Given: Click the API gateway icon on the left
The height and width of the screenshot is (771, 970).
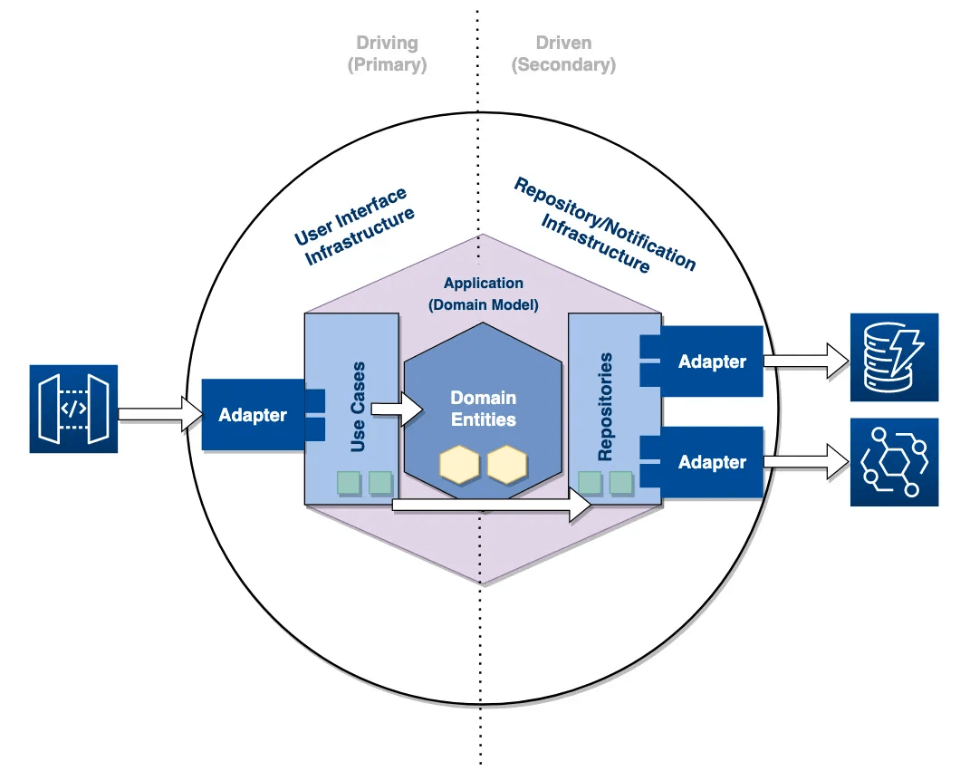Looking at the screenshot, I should coord(73,409).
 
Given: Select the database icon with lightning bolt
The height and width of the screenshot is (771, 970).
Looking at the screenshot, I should coord(894,357).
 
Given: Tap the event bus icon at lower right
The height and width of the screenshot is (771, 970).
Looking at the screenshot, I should coord(894,462).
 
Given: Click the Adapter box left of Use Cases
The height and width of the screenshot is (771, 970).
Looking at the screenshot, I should coord(253,415).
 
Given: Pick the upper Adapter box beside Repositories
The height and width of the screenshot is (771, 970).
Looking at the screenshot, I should coord(712,361).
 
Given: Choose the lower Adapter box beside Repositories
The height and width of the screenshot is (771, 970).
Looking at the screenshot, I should coord(712,462).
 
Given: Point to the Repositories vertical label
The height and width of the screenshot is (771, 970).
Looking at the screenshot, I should coord(606,407).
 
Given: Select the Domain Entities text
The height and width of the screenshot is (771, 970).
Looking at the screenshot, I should coord(484,409).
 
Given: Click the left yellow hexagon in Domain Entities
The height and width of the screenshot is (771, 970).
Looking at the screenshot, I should coord(458,464).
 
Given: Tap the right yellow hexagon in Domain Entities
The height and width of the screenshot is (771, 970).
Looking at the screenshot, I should coord(505,464).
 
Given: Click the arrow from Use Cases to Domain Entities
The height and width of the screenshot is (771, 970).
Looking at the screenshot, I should coord(398,410).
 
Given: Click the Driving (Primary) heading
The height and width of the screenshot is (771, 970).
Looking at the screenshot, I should coord(387,53).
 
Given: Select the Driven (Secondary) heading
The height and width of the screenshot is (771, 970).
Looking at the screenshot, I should coord(563,53).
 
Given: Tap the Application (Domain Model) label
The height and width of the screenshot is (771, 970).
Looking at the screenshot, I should coord(483,294).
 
